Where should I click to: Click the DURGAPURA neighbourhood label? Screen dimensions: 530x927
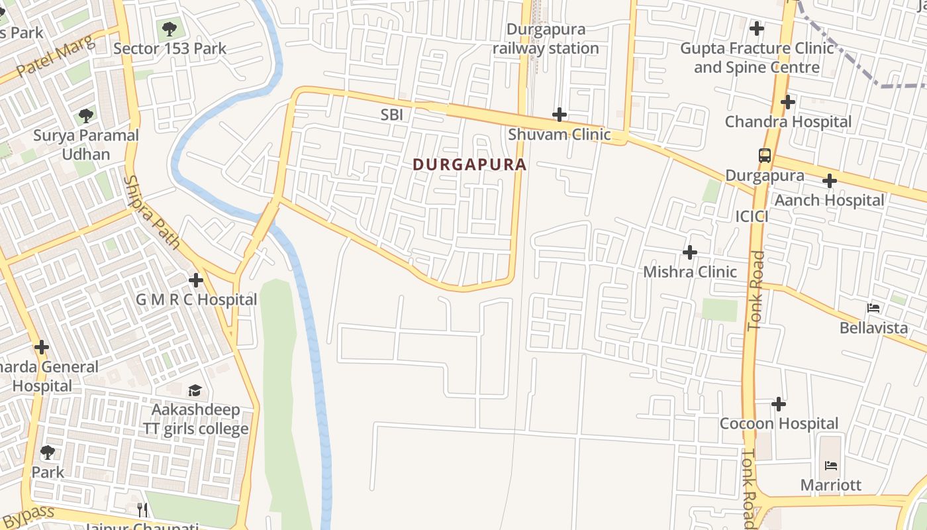[x=469, y=164]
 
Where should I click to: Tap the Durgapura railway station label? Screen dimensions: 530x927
[x=546, y=39]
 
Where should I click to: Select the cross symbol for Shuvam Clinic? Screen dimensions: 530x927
[x=560, y=115]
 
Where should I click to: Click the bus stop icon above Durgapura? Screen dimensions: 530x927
[x=765, y=156]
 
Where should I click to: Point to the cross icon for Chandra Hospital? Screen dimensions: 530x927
[x=787, y=102]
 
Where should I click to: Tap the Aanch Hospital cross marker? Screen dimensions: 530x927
[x=829, y=181]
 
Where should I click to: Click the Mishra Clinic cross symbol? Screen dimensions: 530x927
[x=690, y=252]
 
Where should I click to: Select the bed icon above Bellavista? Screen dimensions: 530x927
[x=873, y=308]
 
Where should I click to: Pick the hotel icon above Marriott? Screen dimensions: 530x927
[x=831, y=465]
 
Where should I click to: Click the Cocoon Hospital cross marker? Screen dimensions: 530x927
[x=779, y=403]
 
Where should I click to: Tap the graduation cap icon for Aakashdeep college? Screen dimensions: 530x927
[x=195, y=390]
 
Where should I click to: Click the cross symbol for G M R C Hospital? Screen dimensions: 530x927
[x=196, y=280]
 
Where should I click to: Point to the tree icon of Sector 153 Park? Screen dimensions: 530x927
[x=170, y=28]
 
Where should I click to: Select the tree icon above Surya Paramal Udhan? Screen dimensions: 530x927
[x=85, y=116]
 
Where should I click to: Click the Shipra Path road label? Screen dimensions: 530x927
[x=152, y=212]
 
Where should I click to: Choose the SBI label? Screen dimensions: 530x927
[x=391, y=115]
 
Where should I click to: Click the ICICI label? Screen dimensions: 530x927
[x=752, y=217]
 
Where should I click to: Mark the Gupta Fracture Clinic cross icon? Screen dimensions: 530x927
[x=756, y=28]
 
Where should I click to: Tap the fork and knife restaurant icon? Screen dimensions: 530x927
[x=142, y=509]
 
